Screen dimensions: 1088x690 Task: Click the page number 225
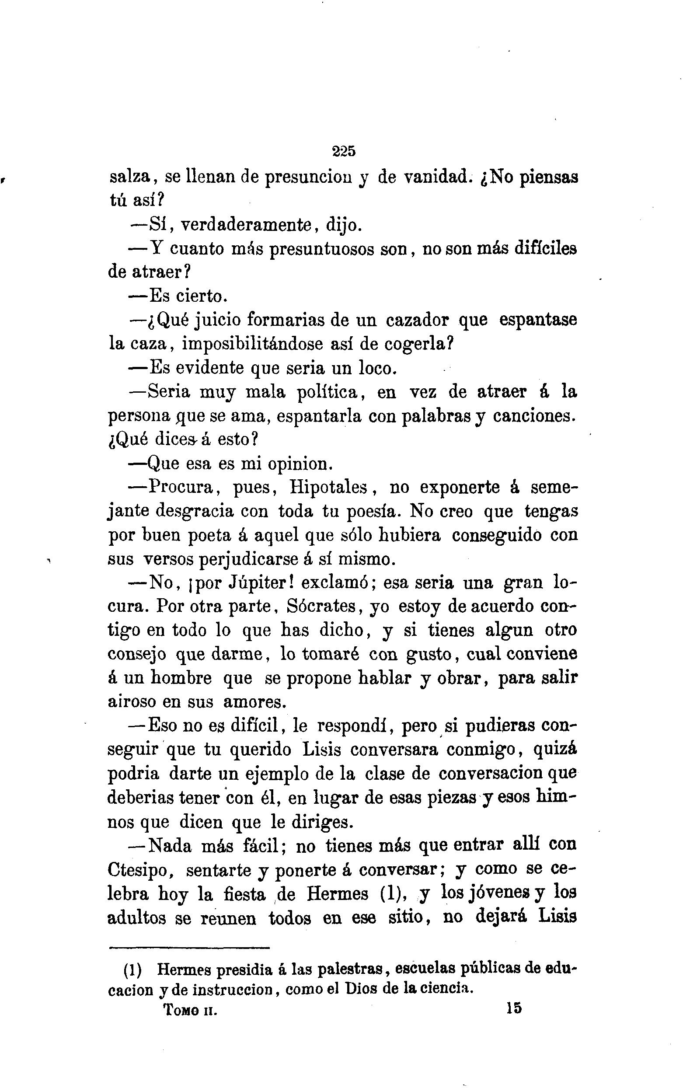coord(344,151)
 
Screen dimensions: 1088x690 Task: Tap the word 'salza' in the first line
coord(130,177)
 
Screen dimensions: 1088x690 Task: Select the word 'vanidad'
coord(435,177)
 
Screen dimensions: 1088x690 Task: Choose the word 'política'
coord(327,392)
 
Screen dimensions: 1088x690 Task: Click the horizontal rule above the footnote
coord(189,948)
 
